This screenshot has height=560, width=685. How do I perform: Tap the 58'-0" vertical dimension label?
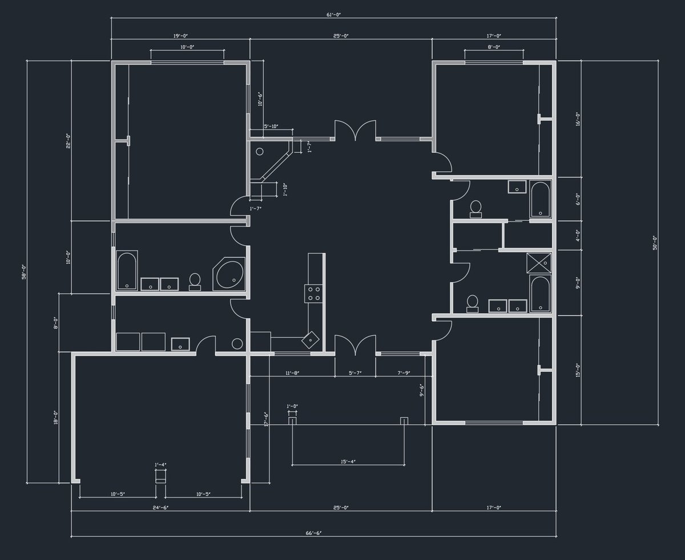click(x=24, y=271)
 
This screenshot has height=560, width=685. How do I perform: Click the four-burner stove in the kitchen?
click(x=313, y=293)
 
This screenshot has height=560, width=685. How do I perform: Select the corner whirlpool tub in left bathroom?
click(x=229, y=274)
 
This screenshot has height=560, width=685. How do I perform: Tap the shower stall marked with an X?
click(x=539, y=262)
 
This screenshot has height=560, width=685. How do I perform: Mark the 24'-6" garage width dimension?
click(x=160, y=507)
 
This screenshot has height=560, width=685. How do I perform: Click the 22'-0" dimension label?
click(x=68, y=140)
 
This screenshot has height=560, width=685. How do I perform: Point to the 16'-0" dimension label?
click(x=578, y=119)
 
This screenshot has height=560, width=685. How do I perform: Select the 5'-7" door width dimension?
click(x=355, y=373)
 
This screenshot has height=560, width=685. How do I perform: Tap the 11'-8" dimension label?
click(x=292, y=373)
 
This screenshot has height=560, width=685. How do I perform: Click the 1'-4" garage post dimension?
click(x=160, y=465)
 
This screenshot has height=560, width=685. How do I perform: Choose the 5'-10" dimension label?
click(x=271, y=127)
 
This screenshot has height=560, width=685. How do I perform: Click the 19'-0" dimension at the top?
click(x=180, y=36)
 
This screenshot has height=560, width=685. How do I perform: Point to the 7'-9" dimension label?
click(x=403, y=373)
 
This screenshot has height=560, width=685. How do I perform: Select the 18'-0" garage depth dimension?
click(x=56, y=417)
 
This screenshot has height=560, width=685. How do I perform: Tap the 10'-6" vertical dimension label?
click(x=260, y=100)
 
